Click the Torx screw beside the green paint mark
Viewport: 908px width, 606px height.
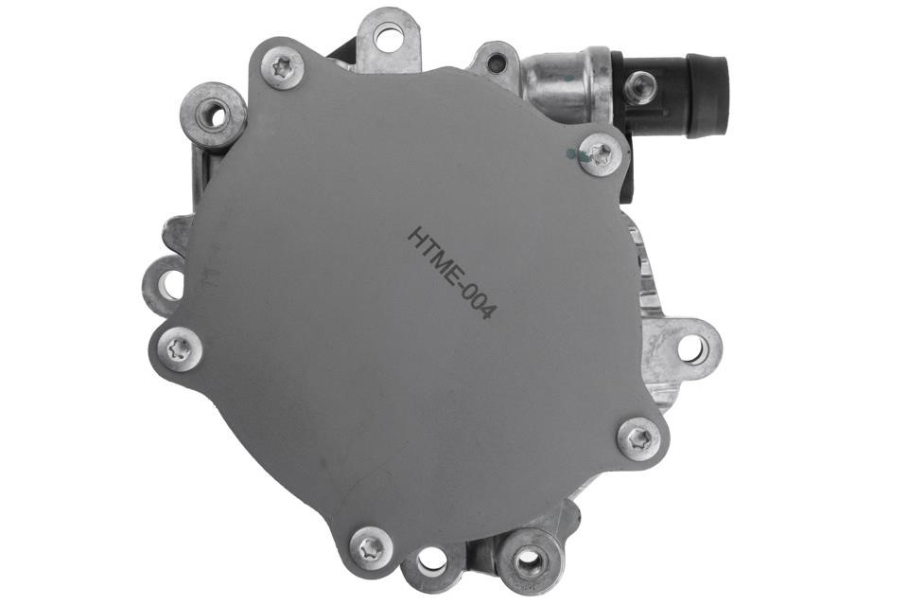tap(601, 153)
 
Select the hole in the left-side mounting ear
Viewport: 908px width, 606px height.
tap(168, 285)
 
